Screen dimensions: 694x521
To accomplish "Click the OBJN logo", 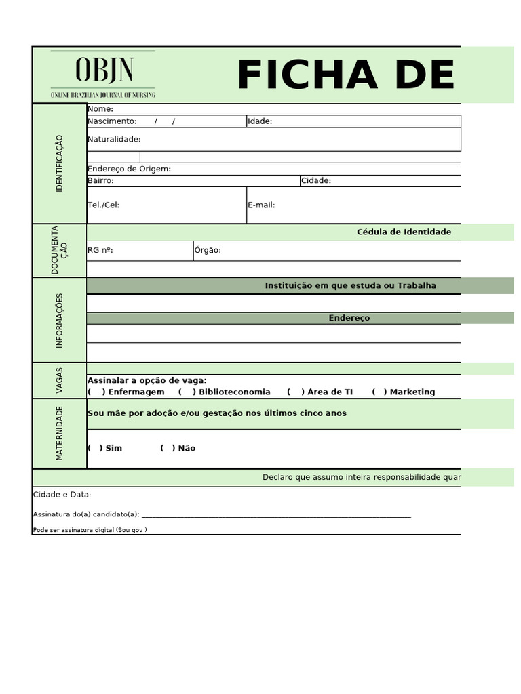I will tap(103, 75).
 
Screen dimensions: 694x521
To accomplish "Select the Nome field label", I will tap(100, 109).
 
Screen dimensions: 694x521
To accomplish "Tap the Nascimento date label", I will tap(112, 121).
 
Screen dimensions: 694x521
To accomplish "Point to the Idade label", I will tap(260, 121).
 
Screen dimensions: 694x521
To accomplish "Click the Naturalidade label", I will tap(114, 139).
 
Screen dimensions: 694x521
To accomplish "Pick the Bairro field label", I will tap(100, 180).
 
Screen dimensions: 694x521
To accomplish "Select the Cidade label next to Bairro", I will tap(316, 180).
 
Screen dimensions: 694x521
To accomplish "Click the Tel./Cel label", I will tap(103, 205).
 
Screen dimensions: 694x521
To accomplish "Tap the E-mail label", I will tap(261, 205).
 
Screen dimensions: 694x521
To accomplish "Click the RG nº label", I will tap(100, 250).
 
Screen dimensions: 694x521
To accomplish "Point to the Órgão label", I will tap(208, 250).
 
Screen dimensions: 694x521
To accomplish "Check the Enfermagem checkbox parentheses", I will tap(96, 392).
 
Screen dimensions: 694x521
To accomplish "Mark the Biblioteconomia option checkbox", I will tap(187, 392).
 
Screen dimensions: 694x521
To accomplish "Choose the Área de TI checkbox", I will tap(296, 392).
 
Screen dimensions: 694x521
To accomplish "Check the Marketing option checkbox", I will tap(379, 392).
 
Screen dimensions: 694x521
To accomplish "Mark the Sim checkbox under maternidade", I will tap(95, 448).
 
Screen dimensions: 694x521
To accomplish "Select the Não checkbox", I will tap(168, 448).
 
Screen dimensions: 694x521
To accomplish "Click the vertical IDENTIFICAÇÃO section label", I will tap(59, 163).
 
